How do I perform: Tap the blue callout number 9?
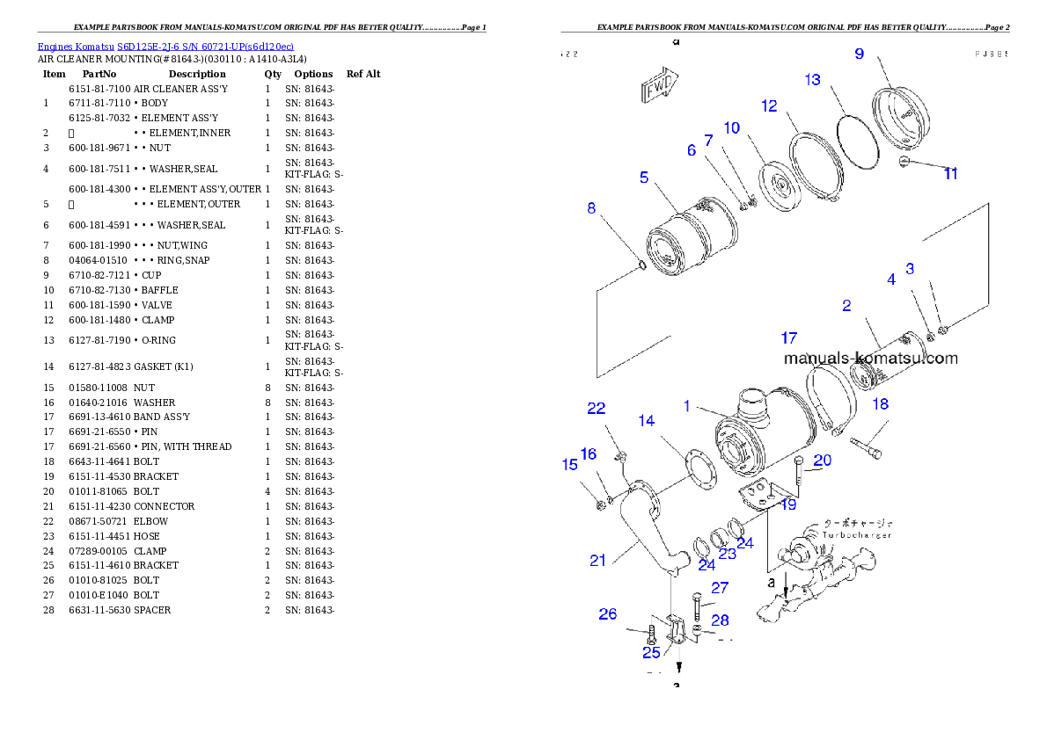(x=859, y=54)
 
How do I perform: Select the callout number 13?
(x=812, y=80)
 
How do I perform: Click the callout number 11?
(x=950, y=174)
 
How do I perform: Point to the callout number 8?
(x=591, y=208)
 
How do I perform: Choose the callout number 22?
(x=597, y=409)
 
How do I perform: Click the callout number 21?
(x=598, y=560)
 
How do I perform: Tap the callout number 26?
(x=608, y=614)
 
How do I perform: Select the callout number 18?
(x=880, y=404)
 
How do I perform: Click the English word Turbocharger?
(x=857, y=534)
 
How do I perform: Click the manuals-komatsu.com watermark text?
(x=870, y=359)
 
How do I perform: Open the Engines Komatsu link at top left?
(x=165, y=46)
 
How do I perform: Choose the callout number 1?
(x=688, y=406)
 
